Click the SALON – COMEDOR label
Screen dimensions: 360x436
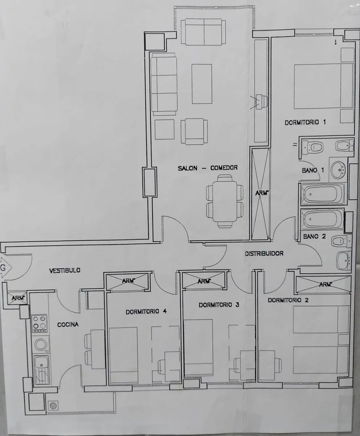tap(208, 168)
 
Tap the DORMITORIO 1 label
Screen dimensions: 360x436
tap(305, 122)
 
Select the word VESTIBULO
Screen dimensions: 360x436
tap(65, 270)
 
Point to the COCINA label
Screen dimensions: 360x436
tap(68, 324)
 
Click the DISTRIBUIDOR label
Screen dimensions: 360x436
tap(264, 254)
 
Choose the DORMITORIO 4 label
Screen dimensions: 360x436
tap(146, 312)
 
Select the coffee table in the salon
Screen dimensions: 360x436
tap(201, 84)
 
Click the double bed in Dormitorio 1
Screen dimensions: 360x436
tap(324, 86)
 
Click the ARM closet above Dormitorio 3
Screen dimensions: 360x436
tap(203, 281)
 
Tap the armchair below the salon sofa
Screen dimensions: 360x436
tap(194, 131)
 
